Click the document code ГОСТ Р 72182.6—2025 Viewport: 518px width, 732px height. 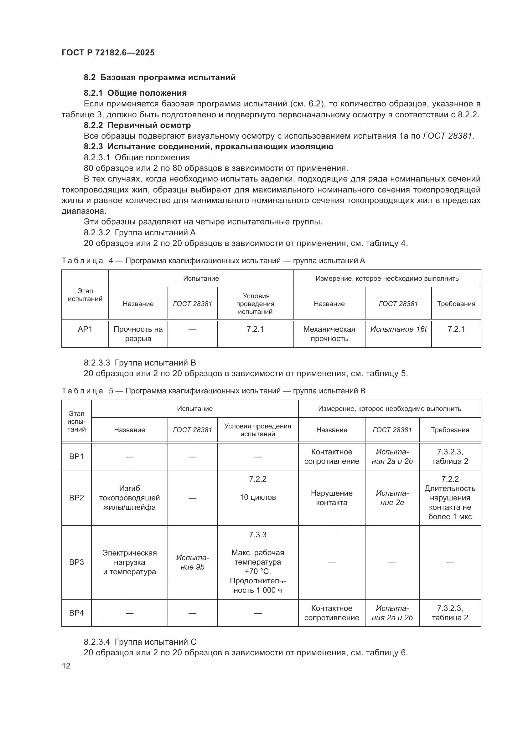(108, 53)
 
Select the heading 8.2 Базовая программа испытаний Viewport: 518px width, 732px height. (159, 78)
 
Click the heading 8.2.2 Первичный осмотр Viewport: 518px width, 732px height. (137, 125)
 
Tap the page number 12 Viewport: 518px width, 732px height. (66, 666)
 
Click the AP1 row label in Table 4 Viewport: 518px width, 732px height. (85, 329)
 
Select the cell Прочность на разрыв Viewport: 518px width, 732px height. (138, 334)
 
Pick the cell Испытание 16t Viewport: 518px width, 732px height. (398, 329)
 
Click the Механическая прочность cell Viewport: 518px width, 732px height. (329, 334)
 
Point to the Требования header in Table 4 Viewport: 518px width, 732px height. (456, 304)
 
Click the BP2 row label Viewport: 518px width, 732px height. (76, 498)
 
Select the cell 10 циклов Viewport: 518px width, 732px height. (257, 497)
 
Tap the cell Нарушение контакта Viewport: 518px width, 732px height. (331, 498)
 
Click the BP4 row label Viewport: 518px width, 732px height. (76, 613)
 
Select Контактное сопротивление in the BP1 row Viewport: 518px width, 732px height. (331, 457)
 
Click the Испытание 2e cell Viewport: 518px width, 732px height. (392, 498)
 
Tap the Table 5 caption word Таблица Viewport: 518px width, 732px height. (82, 391)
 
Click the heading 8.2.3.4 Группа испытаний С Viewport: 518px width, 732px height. (140, 642)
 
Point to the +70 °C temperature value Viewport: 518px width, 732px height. (257, 571)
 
